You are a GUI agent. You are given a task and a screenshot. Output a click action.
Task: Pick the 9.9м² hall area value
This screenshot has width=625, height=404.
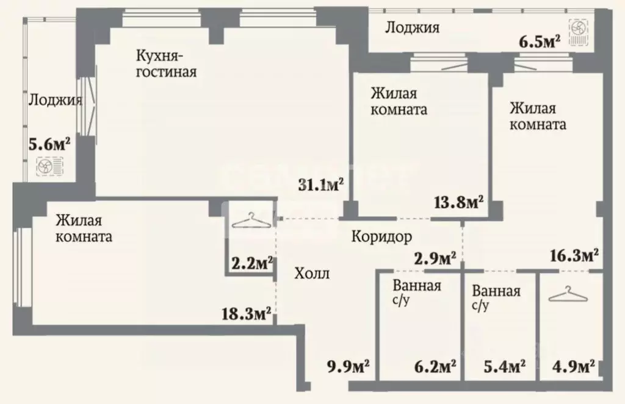[349, 367]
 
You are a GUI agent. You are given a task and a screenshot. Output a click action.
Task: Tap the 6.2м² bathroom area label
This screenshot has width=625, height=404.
[434, 367]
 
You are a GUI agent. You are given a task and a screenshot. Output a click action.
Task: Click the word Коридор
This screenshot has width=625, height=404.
[381, 236]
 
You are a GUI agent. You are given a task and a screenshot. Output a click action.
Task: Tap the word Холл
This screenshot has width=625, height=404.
[311, 274]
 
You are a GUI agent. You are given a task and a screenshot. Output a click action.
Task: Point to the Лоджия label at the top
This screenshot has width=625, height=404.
[413, 27]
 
